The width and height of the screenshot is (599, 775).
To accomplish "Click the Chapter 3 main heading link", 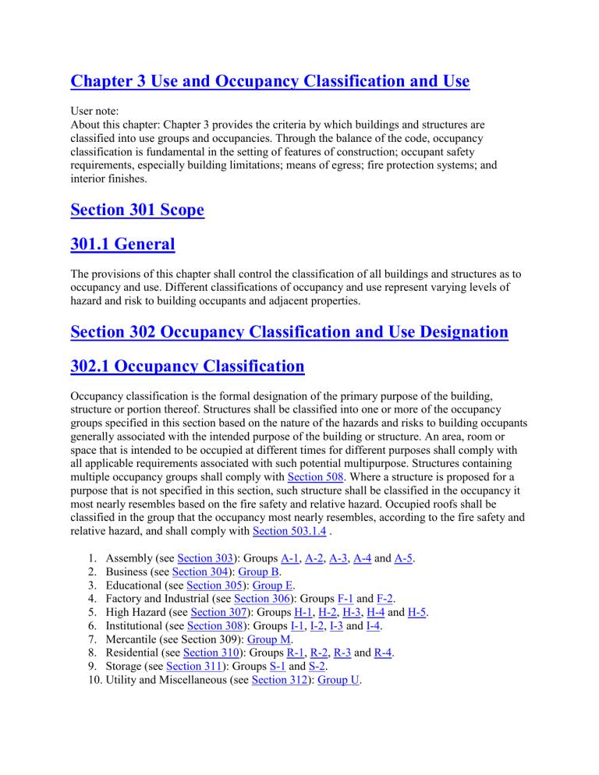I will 270,81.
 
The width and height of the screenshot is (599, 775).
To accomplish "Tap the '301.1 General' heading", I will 122,245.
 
